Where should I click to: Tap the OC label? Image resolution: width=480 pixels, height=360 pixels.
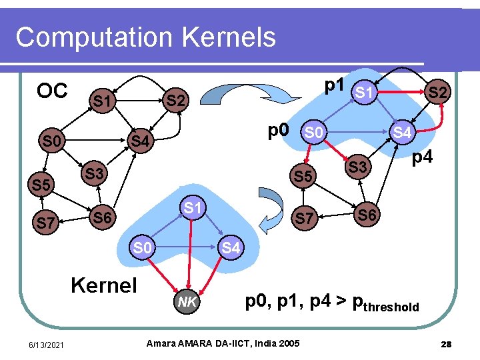coord(52,91)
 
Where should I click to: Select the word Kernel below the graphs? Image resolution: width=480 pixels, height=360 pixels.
coord(103,285)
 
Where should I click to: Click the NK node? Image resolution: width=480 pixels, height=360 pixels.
coord(187,302)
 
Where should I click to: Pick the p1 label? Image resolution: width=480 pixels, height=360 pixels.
coord(333,85)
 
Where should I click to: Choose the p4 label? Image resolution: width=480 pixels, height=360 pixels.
coord(421,158)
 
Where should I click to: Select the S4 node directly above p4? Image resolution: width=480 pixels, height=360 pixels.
coord(402,132)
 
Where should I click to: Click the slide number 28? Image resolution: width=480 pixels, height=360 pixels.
coord(447,344)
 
